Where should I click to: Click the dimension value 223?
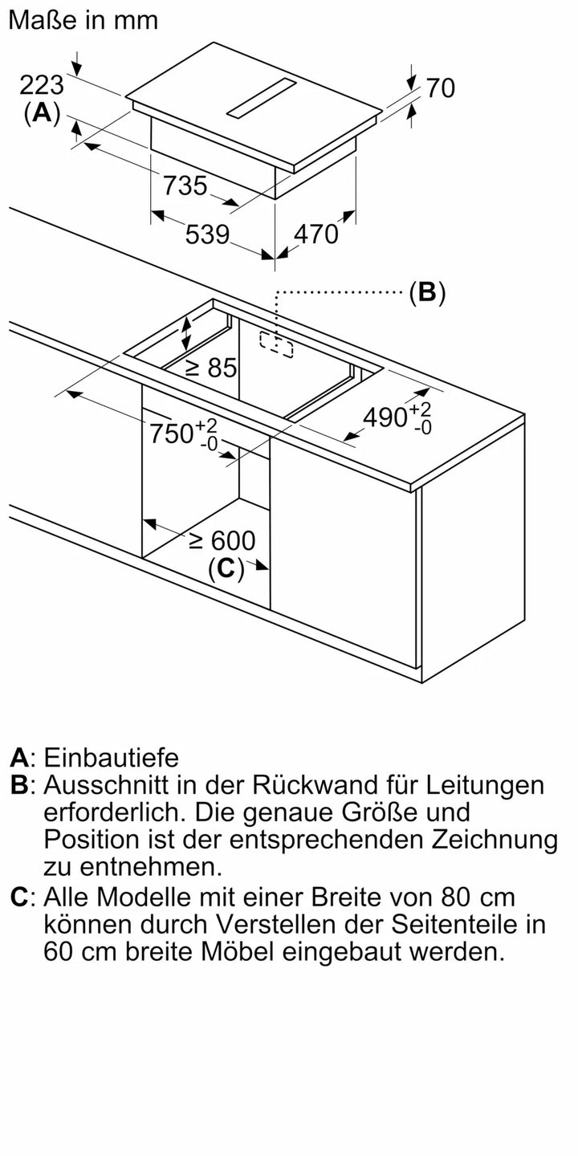point(42,84)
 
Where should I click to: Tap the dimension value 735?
point(185,185)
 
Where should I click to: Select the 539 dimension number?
point(207,234)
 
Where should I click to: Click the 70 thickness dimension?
point(440,88)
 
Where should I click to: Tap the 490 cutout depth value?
point(385,417)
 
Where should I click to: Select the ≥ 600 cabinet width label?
point(222,540)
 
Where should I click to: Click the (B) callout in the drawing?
point(426,293)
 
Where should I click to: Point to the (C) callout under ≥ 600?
point(226,568)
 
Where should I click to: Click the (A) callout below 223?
point(42,113)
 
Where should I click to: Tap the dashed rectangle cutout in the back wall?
point(276,344)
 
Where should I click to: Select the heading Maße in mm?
point(83,20)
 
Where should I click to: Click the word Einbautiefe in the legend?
point(112,757)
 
